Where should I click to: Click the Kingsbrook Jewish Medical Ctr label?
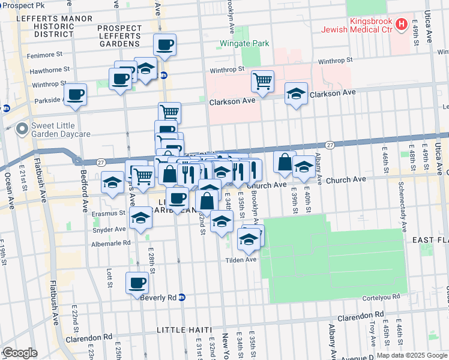[x=355, y=24]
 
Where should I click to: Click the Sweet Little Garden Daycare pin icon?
[x=22, y=128]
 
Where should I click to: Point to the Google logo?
[x=20, y=352]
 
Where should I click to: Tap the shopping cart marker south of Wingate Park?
[x=262, y=81]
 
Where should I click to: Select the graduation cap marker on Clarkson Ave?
[x=296, y=94]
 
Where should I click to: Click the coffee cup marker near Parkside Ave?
[x=75, y=95]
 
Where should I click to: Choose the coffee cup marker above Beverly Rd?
[x=137, y=283]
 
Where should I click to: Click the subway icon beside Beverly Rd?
[x=182, y=297]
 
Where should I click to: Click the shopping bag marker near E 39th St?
[x=285, y=161]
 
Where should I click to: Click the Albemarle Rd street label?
[x=110, y=243]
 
